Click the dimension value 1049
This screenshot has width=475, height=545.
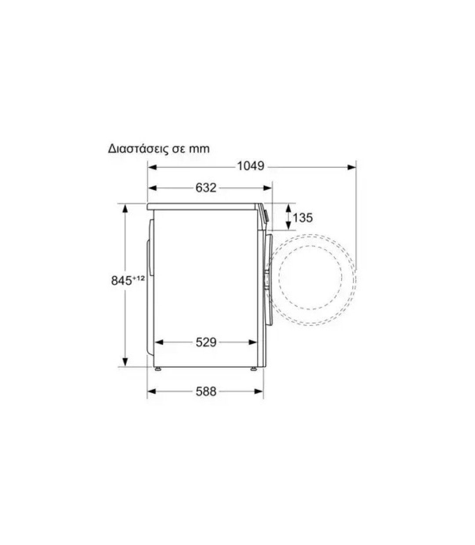point(251,166)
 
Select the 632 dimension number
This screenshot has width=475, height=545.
point(206,188)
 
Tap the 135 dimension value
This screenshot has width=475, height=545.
point(303,218)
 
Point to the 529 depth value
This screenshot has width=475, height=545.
point(206,342)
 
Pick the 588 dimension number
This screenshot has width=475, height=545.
point(206,392)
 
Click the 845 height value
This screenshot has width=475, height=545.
point(121,281)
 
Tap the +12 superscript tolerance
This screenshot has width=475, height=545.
point(139,278)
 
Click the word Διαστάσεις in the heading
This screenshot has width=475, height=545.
point(139,149)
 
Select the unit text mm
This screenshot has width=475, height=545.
point(199,149)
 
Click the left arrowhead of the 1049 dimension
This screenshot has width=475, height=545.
point(152,167)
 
